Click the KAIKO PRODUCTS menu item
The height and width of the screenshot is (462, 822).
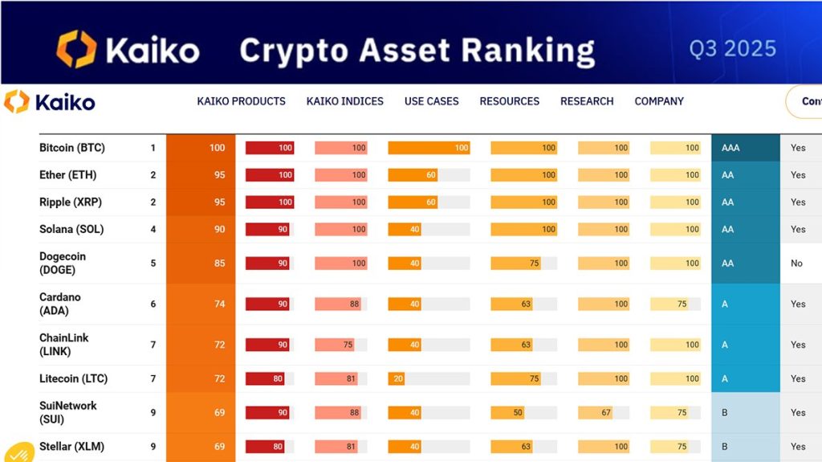point(241,101)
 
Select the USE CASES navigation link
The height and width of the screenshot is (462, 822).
point(431,101)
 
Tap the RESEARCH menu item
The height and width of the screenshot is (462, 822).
point(587,101)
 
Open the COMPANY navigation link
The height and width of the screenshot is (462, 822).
point(659,101)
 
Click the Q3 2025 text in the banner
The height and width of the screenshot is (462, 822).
point(732,49)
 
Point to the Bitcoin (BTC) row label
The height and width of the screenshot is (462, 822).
point(72,148)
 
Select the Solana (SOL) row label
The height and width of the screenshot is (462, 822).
point(71,229)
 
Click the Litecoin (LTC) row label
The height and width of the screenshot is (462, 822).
point(73,378)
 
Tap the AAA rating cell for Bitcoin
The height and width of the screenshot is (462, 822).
point(745,148)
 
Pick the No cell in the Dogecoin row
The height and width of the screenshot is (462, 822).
point(796,263)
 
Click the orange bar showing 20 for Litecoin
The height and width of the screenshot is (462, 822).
point(397,378)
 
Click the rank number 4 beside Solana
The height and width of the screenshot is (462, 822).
point(153,229)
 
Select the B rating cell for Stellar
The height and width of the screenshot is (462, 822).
point(745,447)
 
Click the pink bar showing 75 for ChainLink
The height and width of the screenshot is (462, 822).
point(335,345)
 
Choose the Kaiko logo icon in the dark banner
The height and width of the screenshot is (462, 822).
point(76,49)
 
